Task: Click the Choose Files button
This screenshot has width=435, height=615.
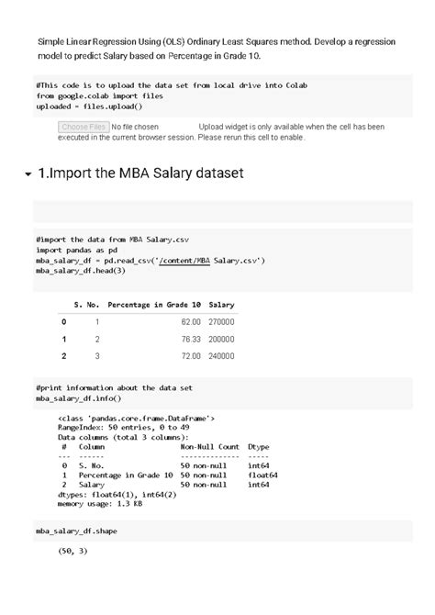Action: tap(83, 127)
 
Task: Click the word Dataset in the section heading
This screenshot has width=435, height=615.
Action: tap(214, 173)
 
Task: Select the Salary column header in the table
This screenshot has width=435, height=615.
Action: tap(221, 304)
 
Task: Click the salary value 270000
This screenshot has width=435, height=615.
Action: tap(221, 322)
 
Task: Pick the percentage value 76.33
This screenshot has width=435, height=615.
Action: tap(190, 339)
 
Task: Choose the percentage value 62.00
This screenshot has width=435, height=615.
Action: tap(190, 322)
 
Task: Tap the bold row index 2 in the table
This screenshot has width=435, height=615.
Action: tap(63, 355)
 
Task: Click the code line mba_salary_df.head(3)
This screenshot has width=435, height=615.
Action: tap(80, 272)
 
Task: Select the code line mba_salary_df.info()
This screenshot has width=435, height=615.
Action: tap(78, 399)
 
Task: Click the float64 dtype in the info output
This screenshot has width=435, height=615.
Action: tap(262, 475)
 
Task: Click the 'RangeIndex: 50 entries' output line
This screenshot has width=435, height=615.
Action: tap(123, 427)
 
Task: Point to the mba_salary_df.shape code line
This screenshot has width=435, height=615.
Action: tap(76, 531)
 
